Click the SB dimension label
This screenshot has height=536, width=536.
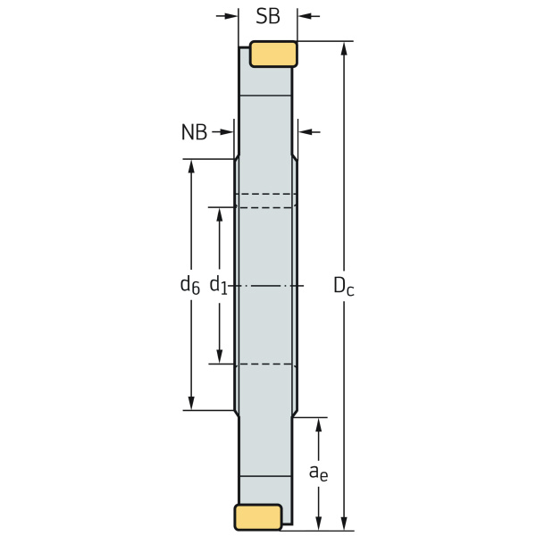(x=268, y=16)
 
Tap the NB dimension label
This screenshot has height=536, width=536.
(x=194, y=132)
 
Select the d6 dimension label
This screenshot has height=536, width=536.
(x=189, y=285)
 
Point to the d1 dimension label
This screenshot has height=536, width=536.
(x=218, y=285)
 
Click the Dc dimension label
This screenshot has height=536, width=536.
(x=344, y=286)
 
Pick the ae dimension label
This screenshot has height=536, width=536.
(x=318, y=473)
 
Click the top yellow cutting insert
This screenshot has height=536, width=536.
(x=273, y=54)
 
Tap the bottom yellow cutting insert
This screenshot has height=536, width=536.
(x=258, y=517)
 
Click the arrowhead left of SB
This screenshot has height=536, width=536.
(x=230, y=16)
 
